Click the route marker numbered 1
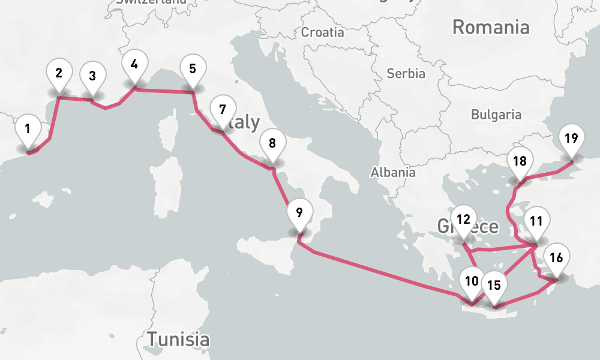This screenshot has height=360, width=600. click(x=27, y=128)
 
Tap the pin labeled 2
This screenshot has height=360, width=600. click(x=59, y=74)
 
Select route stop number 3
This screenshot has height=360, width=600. click(x=92, y=76)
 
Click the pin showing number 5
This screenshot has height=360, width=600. click(x=192, y=68)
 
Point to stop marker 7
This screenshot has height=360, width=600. click(x=223, y=110)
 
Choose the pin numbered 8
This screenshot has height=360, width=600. click(x=272, y=143)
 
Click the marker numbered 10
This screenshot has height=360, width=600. click(x=472, y=281)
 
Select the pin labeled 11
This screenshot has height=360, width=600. click(x=536, y=220)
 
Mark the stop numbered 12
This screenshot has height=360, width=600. click(x=463, y=219)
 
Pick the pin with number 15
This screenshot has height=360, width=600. click(x=494, y=285)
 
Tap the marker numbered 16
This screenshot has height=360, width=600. click(x=556, y=259)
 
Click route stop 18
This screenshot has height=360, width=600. click(x=520, y=161)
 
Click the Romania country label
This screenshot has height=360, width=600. click(x=491, y=27)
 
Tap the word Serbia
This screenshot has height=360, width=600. click(x=406, y=74)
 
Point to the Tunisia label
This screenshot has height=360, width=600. click(x=179, y=339)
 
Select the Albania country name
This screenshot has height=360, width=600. click(x=393, y=172)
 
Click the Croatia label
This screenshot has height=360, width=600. click(x=323, y=32)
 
